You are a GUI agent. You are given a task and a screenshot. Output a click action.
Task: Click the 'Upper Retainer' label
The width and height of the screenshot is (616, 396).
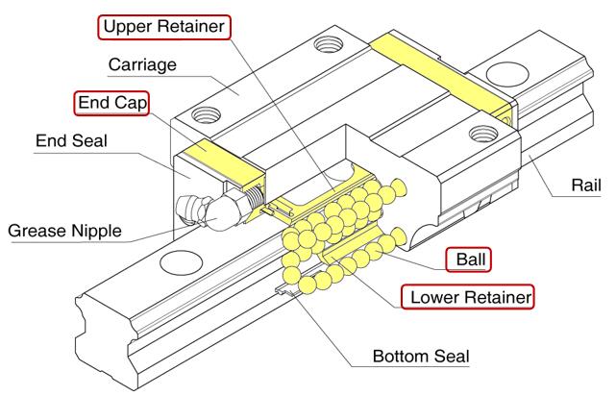[164, 25]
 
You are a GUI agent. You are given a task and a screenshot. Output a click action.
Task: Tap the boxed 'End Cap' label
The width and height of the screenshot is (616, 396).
[112, 102]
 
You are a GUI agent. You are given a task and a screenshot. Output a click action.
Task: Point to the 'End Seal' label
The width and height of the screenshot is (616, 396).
[70, 141]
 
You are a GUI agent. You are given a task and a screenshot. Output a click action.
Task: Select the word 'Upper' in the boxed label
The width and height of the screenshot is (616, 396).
[128, 25]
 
